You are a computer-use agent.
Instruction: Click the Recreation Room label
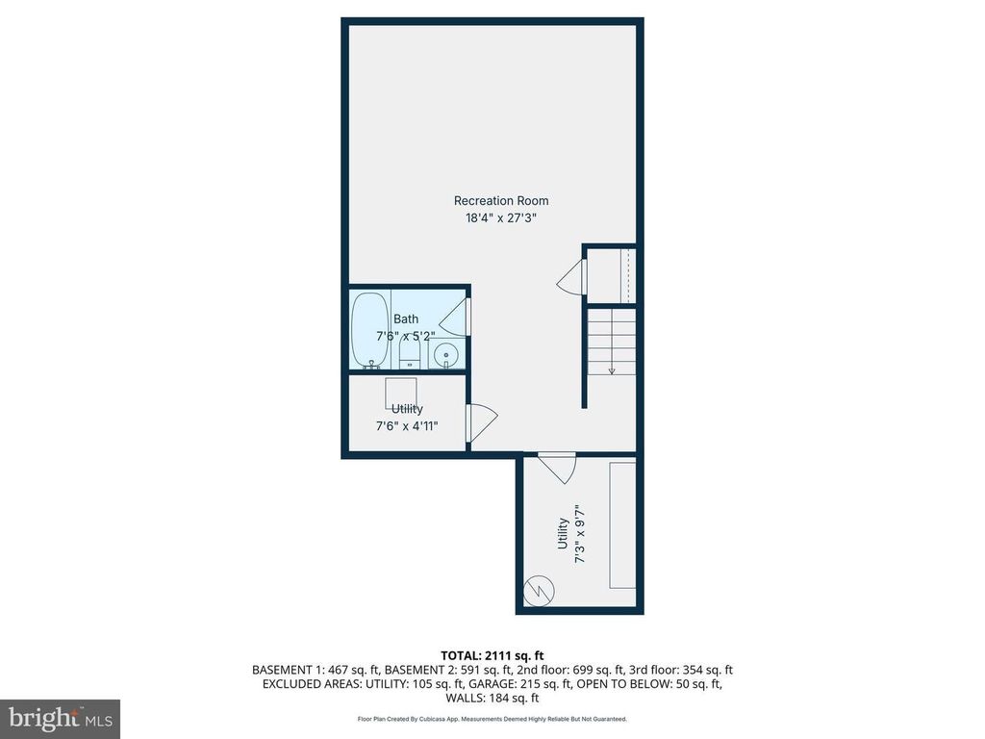click(500, 200)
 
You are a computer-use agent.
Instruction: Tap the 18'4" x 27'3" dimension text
click(500, 218)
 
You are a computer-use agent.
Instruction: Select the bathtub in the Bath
click(370, 330)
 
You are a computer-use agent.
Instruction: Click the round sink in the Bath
click(446, 356)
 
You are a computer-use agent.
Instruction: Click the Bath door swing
click(455, 318)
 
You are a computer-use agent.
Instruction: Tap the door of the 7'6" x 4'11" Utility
click(482, 422)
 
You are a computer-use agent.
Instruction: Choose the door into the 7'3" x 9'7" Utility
click(558, 468)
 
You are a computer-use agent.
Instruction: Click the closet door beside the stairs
click(571, 277)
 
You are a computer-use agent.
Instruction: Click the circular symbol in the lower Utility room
click(539, 591)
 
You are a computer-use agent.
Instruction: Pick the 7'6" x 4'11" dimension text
click(407, 426)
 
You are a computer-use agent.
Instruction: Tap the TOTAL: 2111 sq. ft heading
click(492, 656)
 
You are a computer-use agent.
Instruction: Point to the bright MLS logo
click(61, 718)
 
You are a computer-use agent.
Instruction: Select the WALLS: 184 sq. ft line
click(492, 698)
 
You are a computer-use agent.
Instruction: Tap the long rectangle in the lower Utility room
click(622, 525)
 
